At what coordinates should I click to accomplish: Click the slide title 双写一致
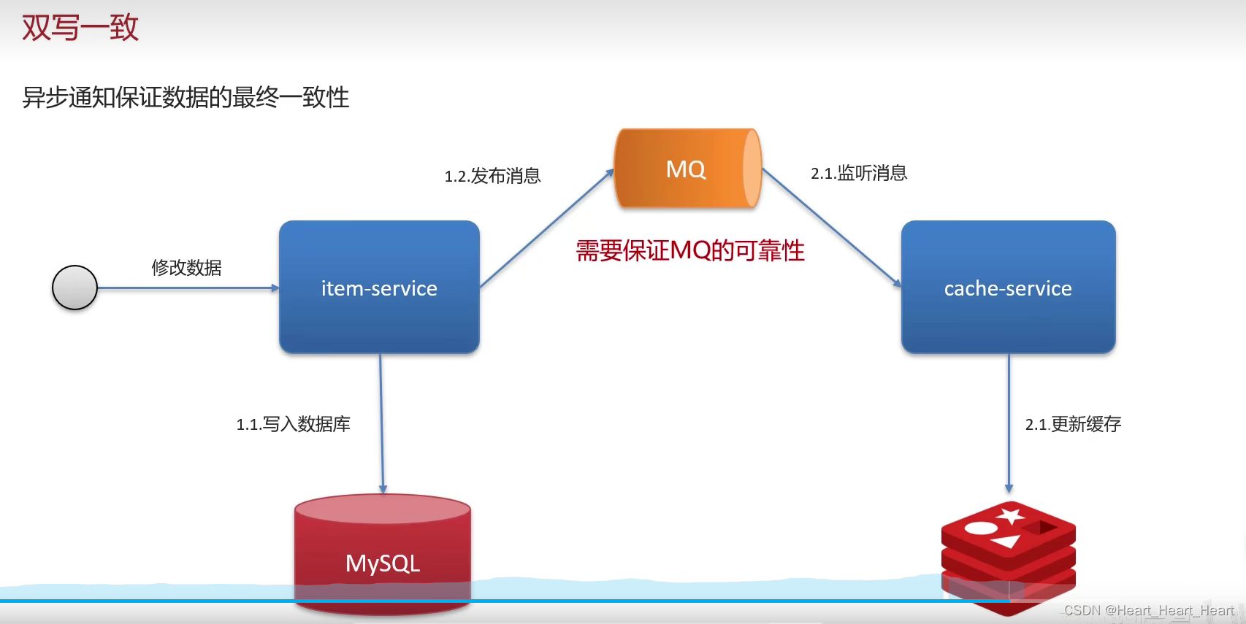click(80, 28)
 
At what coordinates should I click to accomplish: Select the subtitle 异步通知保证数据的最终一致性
click(186, 97)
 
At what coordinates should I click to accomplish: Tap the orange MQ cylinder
click(687, 169)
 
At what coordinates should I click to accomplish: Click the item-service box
click(379, 288)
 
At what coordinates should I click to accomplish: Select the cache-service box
click(1008, 288)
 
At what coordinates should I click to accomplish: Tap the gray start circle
click(74, 288)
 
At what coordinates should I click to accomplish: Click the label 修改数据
click(186, 268)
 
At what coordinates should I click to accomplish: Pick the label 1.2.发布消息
click(492, 176)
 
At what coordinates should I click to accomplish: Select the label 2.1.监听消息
click(859, 173)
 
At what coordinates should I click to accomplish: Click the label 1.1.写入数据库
click(293, 424)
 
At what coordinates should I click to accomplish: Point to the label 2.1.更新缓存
click(1073, 424)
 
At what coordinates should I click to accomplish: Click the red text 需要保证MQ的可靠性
click(690, 250)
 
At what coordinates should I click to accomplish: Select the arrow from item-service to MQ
click(546, 228)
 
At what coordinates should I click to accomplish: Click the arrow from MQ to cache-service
click(831, 227)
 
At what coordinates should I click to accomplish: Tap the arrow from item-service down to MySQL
click(381, 423)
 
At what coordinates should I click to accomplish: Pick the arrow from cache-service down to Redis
click(1009, 423)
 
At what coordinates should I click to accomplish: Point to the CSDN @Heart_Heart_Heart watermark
click(1149, 610)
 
